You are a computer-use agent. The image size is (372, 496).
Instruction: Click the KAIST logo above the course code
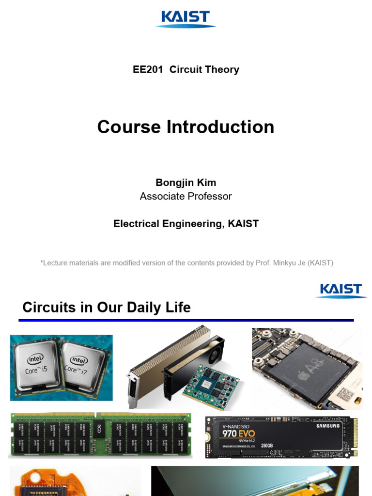pyautogui.click(x=186, y=19)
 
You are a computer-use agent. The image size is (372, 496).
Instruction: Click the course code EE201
pyautogui.click(x=148, y=70)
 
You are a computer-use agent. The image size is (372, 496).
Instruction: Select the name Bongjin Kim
pyautogui.click(x=186, y=183)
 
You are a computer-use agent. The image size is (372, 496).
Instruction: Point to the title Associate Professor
pyautogui.click(x=186, y=196)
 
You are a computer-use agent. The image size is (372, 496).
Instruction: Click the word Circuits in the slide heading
pyautogui.click(x=49, y=307)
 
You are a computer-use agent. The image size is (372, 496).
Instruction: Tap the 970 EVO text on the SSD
pyautogui.click(x=238, y=434)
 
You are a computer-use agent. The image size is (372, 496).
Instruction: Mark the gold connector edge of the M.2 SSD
pyautogui.click(x=355, y=436)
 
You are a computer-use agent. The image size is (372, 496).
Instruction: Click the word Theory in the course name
pyautogui.click(x=222, y=70)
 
